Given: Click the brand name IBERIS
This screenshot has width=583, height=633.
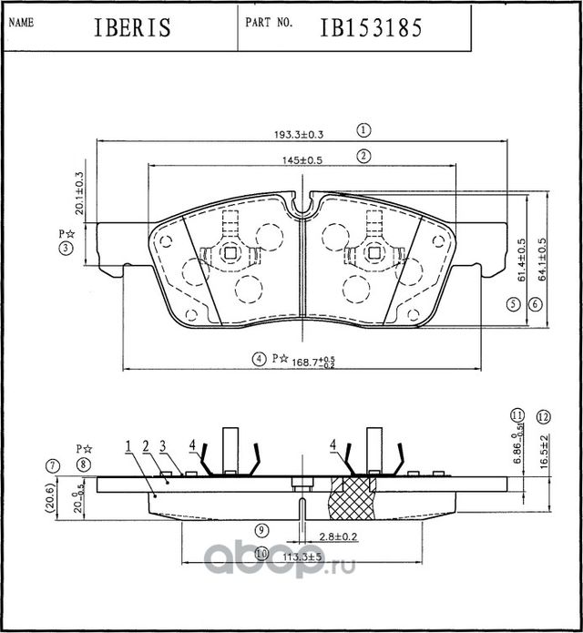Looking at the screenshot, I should (x=132, y=28).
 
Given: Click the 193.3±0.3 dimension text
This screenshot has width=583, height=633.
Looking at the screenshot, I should (x=300, y=134).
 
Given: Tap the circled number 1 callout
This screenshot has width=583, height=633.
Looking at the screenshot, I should (x=363, y=130).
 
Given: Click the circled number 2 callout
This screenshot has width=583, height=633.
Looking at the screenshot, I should (x=363, y=156).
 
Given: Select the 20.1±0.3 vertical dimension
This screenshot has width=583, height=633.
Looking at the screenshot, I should (x=79, y=193).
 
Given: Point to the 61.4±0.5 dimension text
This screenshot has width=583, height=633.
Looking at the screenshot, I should (x=521, y=259).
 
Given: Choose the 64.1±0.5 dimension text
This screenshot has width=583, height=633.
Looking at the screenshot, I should (x=543, y=259).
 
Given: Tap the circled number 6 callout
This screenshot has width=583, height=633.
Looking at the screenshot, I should (x=535, y=303).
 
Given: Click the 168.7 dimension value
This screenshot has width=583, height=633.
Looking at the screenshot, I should (x=306, y=362).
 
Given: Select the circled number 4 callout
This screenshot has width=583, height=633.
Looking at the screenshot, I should (x=260, y=359).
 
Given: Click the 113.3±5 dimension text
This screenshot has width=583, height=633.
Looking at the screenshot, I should (x=302, y=554).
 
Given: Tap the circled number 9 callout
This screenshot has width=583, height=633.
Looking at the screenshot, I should (x=260, y=529).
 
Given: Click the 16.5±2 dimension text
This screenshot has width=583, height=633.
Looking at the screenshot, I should (x=544, y=452).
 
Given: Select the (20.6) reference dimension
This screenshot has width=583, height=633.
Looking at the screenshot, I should (x=56, y=499).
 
